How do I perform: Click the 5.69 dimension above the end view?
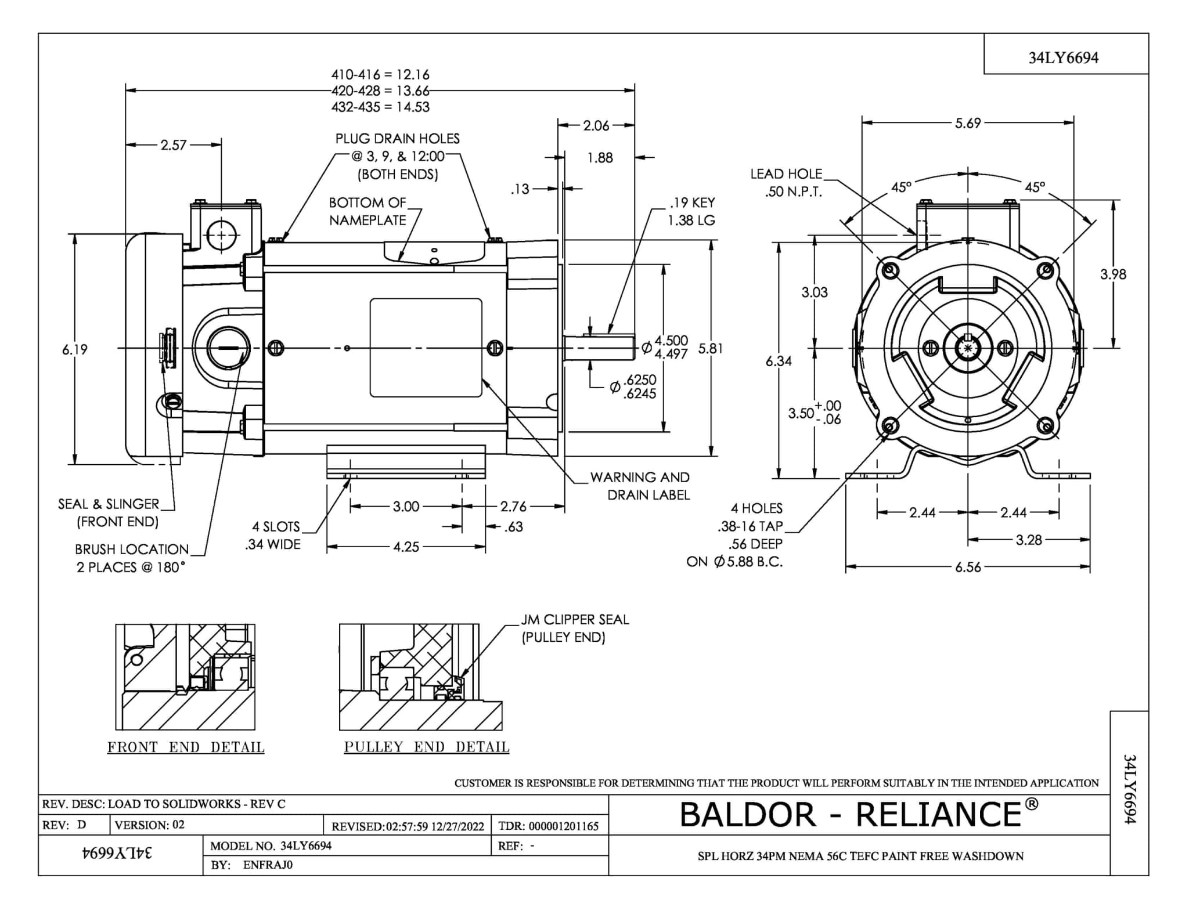pos(967,123)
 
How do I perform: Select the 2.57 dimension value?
pos(174,145)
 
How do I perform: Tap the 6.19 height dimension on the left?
pos(75,349)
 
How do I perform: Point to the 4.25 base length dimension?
pos(406,547)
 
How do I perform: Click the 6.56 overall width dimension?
pos(968,566)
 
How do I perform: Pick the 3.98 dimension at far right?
pos(1113,274)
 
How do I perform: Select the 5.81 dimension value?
pos(711,348)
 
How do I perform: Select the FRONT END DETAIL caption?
pos(186,747)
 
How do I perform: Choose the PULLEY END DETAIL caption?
pos(427,747)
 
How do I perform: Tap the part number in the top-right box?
pos(1063,57)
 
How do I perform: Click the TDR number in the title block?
pos(548,826)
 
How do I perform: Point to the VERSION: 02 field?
pos(150,825)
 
